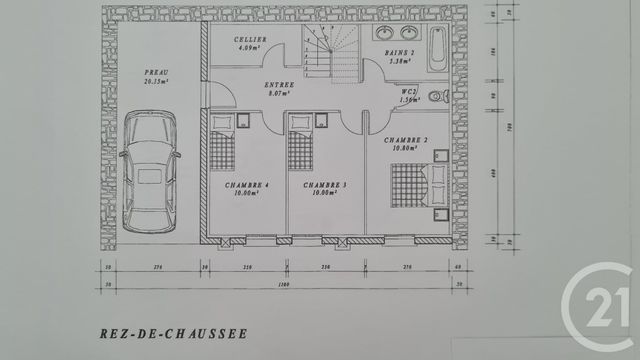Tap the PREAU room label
[x=155, y=73]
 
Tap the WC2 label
[x=407, y=91]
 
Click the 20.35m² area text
[x=155, y=81]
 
